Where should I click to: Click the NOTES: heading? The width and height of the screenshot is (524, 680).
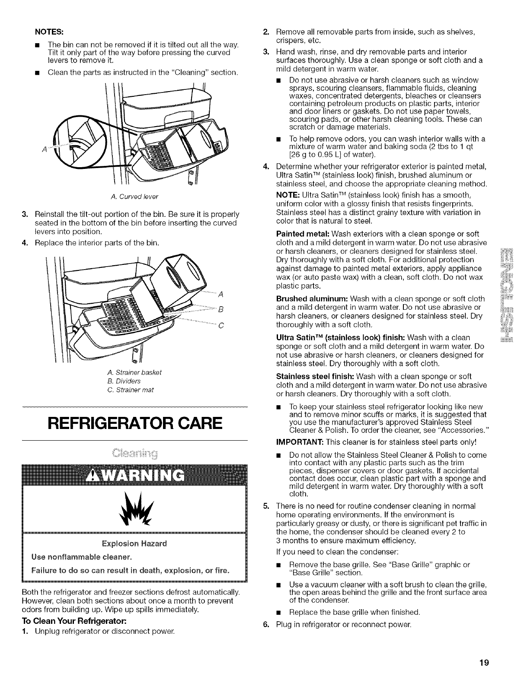coord(52,32)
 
